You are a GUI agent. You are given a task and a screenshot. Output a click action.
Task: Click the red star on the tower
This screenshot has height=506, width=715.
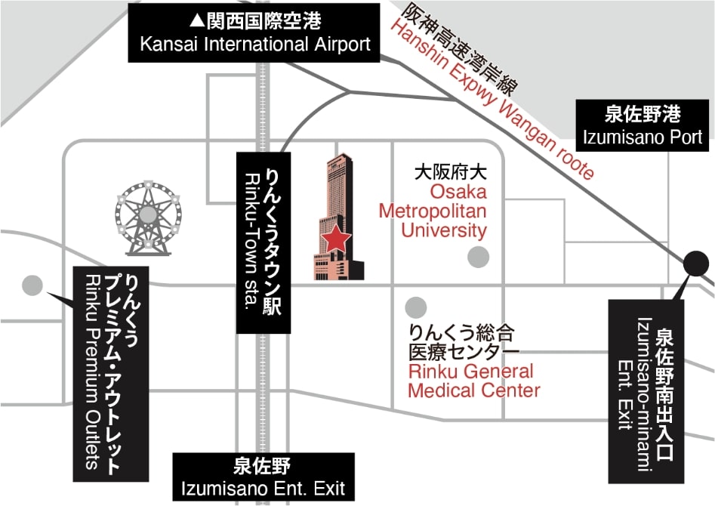click(337, 238)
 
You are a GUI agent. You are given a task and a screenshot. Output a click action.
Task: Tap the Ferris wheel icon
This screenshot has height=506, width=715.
click(148, 218)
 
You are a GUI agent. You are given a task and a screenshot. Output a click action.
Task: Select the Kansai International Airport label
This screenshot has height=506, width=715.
click(254, 32)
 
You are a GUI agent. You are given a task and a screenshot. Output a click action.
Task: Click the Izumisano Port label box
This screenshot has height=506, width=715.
click(643, 125)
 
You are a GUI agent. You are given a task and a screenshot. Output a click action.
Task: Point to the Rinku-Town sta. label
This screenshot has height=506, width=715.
click(264, 242)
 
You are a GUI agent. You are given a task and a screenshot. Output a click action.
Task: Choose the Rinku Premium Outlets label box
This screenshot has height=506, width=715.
click(111, 374)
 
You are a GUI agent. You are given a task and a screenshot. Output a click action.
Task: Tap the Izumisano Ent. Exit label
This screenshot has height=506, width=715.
click(264, 477)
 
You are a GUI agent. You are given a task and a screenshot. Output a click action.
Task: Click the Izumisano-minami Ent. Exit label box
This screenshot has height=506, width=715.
click(646, 391)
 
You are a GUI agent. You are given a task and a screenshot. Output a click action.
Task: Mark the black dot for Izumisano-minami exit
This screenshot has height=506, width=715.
click(696, 264)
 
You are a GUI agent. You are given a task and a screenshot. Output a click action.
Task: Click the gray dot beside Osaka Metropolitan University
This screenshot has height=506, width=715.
click(479, 257)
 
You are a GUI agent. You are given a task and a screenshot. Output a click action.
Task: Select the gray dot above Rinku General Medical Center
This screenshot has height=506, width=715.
click(416, 307)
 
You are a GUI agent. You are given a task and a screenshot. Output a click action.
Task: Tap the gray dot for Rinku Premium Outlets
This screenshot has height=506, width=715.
click(32, 285)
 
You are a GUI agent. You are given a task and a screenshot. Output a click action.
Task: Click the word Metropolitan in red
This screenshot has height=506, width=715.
click(433, 211)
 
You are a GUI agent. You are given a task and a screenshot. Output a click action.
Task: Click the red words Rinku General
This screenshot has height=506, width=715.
click(470, 371)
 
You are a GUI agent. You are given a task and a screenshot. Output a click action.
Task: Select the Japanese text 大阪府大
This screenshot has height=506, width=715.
click(450, 172)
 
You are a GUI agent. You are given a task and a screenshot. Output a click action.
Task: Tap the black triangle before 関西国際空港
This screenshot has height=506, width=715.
click(197, 20)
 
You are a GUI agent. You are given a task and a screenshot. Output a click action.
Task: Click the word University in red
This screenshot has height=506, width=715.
click(444, 230)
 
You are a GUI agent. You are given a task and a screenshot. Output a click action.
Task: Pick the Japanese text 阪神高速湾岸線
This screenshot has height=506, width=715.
click(461, 49)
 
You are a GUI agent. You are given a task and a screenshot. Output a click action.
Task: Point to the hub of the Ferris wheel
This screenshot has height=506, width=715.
click(148, 214)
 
